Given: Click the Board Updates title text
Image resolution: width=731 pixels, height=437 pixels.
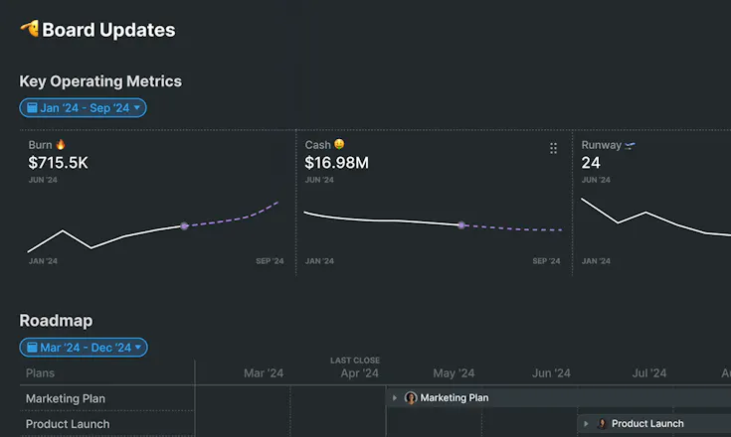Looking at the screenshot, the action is pyautogui.click(x=108, y=30).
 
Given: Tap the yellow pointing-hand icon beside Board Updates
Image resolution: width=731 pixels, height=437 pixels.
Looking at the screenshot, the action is pyautogui.click(x=30, y=29).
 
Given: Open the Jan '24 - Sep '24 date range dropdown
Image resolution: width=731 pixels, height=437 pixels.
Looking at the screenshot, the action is pyautogui.click(x=83, y=108).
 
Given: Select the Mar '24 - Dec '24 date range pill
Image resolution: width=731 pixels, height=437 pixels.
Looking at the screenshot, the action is pyautogui.click(x=84, y=348).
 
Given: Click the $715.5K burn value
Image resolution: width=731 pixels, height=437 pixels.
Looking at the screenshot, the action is pyautogui.click(x=58, y=163).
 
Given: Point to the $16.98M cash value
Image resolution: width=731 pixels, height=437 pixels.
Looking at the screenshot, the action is pyautogui.click(x=336, y=163).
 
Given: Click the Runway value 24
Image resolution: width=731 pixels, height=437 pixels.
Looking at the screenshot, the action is pyautogui.click(x=591, y=163).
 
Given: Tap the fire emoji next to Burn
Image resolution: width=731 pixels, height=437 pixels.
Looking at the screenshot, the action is pyautogui.click(x=61, y=145).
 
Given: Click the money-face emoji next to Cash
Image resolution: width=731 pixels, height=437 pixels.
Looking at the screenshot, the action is pyautogui.click(x=339, y=144).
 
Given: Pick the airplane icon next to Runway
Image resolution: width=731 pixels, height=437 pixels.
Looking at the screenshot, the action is pyautogui.click(x=630, y=146).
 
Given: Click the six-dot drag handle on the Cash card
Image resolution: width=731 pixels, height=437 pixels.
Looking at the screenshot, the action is pyautogui.click(x=553, y=148).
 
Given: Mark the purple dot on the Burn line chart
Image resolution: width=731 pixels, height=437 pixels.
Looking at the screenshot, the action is pyautogui.click(x=184, y=226).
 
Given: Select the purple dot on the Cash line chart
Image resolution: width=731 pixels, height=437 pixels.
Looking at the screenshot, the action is pyautogui.click(x=461, y=225).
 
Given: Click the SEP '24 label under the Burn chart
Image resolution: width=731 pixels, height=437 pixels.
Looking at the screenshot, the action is pyautogui.click(x=270, y=261).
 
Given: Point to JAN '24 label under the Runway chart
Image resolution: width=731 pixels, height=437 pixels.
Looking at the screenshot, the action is pyautogui.click(x=596, y=261).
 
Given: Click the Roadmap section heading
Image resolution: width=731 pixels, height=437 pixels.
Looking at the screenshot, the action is pyautogui.click(x=56, y=321).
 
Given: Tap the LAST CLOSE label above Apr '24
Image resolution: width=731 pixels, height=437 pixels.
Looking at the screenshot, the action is pyautogui.click(x=355, y=361).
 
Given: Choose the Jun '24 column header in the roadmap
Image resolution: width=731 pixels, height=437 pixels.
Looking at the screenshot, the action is pyautogui.click(x=551, y=373).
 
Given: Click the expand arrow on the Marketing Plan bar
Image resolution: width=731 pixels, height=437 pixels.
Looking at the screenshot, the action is pyautogui.click(x=395, y=398).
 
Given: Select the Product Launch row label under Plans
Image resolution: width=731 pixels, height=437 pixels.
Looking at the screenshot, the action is pyautogui.click(x=68, y=424).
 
